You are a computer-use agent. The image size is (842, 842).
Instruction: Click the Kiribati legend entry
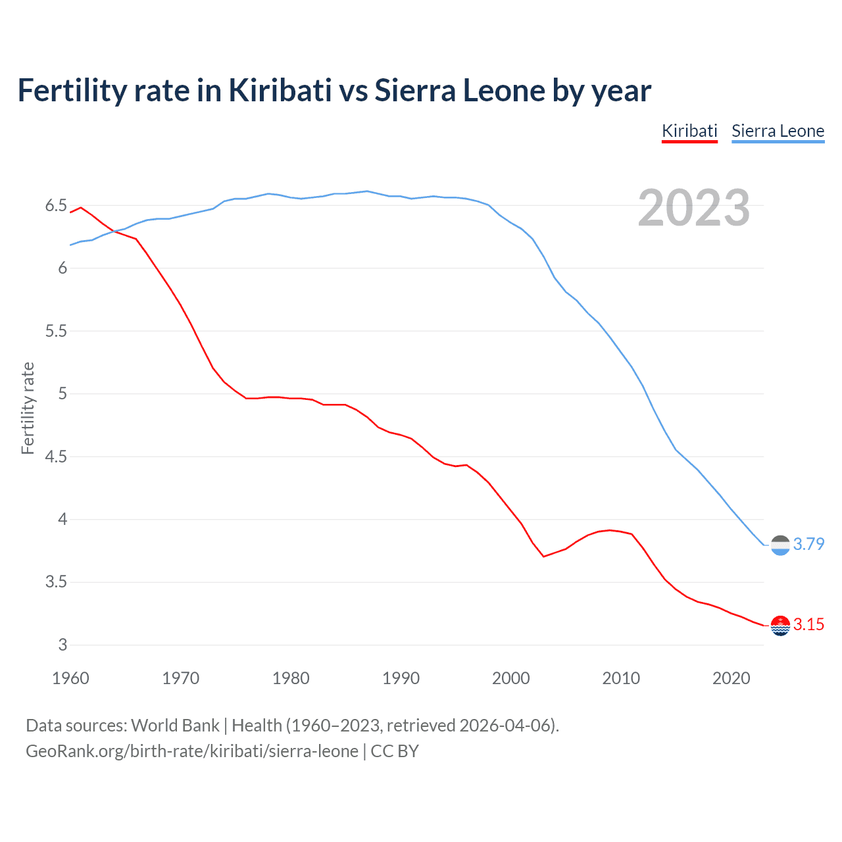689,131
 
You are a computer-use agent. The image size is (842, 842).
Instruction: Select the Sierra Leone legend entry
778,131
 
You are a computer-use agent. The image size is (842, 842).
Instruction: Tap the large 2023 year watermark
693,208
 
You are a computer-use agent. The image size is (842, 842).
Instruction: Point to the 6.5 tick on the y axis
56,206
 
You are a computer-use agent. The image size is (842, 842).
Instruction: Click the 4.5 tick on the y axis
56,457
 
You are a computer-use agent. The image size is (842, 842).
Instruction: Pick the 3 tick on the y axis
62,645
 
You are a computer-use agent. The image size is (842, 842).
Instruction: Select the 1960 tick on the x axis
70,678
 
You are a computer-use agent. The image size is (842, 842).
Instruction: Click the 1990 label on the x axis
401,678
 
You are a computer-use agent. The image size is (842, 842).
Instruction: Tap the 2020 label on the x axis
731,678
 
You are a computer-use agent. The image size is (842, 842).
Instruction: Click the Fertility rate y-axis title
28,408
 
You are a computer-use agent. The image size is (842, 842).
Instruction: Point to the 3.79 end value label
808,544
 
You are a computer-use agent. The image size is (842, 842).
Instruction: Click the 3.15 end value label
808,624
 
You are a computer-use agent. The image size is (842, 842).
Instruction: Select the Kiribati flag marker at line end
780,626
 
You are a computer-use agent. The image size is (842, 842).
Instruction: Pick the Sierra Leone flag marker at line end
780,545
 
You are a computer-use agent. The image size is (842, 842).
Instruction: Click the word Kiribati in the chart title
280,90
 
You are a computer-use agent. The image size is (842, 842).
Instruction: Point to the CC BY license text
395,751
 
